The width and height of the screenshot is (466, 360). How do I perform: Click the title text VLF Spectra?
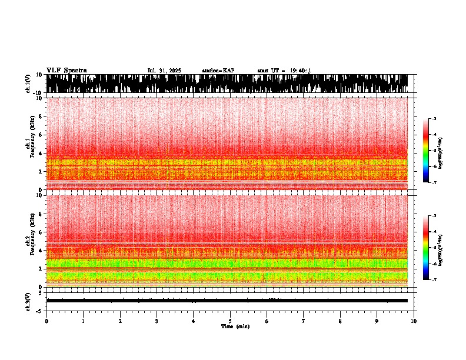(66, 70)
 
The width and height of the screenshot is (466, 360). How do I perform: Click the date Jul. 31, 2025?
(164, 71)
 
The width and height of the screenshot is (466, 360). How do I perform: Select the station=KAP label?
(218, 71)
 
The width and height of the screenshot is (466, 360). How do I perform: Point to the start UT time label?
(284, 71)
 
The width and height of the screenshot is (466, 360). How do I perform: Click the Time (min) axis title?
(235, 326)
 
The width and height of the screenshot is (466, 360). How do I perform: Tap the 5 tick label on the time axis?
(230, 321)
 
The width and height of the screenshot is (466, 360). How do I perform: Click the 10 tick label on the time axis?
(414, 321)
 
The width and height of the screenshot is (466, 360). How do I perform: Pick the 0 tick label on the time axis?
(46, 321)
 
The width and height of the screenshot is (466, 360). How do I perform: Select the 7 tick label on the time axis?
(304, 321)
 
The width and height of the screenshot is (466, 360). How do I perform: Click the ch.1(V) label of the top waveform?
(28, 84)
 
